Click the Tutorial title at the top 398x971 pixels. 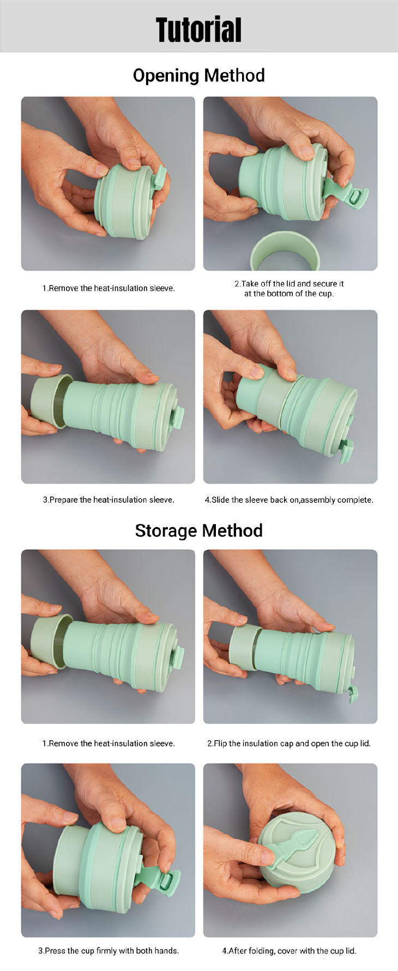tap(198, 29)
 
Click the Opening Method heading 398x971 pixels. tap(198, 75)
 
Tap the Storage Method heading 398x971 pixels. tap(198, 531)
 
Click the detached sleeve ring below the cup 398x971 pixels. tap(285, 252)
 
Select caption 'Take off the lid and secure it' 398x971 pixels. tap(289, 284)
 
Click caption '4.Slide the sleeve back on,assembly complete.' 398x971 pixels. tap(289, 500)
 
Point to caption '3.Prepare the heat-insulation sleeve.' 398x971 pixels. tap(108, 500)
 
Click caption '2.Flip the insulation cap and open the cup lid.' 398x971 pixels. tap(289, 743)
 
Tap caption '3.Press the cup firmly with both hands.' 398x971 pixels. tap(108, 951)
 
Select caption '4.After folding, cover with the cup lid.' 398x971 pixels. tap(289, 951)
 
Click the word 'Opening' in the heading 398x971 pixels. tap(166, 75)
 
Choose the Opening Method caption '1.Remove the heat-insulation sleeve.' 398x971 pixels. tap(108, 288)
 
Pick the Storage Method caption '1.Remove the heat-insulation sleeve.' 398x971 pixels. tap(108, 743)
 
